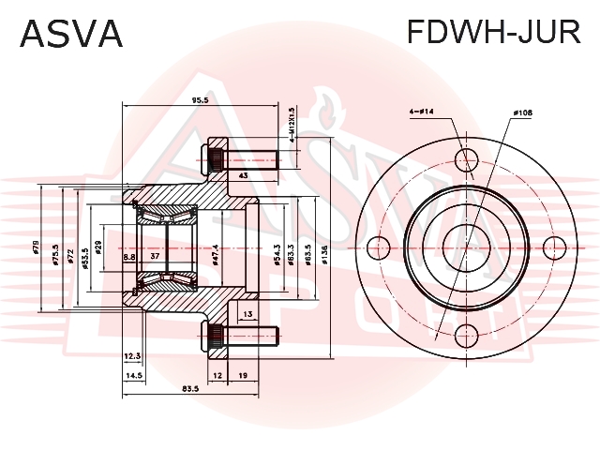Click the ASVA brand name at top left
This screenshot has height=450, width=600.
click(71, 34)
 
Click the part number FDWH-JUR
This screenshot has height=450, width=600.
click(492, 34)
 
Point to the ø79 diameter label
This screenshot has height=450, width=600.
click(37, 250)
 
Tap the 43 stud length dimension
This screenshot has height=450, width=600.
click(243, 175)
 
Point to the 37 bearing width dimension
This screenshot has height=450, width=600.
click(156, 256)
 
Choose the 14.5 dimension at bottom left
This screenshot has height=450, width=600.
click(133, 375)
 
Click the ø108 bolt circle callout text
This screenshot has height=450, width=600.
click(521, 112)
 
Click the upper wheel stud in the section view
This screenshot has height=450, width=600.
click(240, 159)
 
